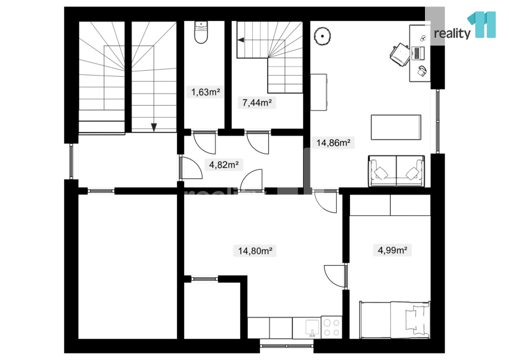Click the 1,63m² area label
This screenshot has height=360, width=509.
205,92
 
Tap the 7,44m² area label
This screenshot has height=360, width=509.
257,103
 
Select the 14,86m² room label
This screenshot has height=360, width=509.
333,143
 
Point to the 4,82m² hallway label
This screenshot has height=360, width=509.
224,164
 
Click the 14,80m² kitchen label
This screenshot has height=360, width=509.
255,251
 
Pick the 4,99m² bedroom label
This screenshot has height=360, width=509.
393,250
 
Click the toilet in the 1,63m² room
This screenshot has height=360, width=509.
201,32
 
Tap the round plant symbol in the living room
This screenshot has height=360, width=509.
322,36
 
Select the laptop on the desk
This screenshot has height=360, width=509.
418,53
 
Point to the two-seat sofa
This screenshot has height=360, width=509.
396,171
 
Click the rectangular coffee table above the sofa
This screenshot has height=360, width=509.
396,127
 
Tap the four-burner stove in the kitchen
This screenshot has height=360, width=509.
331,327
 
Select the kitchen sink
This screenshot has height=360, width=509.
312,327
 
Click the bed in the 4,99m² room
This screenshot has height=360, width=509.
395,320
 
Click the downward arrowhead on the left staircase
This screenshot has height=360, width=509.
154,128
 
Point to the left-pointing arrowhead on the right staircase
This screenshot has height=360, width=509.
241,40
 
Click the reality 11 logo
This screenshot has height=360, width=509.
465,26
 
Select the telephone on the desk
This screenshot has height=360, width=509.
422,71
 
